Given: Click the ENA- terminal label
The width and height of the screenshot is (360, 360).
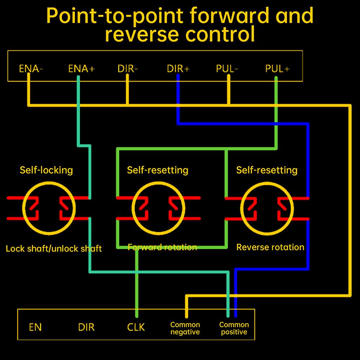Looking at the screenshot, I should click(x=31, y=69).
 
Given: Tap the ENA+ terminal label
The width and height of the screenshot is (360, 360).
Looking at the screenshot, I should click(x=81, y=69).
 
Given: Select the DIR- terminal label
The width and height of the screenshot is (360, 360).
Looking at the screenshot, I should click(x=127, y=69).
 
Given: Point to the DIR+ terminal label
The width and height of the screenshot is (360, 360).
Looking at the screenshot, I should click(x=178, y=69).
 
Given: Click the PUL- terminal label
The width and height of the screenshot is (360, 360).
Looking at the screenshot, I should click(x=227, y=69).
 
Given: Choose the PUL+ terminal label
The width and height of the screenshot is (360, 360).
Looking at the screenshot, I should click(x=277, y=69).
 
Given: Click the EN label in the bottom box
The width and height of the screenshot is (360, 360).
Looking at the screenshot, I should click(x=35, y=327).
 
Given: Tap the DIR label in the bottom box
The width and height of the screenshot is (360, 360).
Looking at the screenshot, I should click(x=86, y=327).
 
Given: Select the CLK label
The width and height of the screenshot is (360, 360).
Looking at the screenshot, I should click(x=136, y=327).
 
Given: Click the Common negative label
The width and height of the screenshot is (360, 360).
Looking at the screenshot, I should click(x=185, y=328).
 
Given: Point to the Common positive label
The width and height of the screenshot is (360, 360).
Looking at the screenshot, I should click(x=234, y=328).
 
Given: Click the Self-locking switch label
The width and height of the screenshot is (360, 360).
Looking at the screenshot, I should click(x=46, y=170).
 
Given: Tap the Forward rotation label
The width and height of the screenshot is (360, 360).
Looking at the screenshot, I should click(x=162, y=247).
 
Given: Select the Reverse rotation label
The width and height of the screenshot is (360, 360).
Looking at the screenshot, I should click(x=270, y=247).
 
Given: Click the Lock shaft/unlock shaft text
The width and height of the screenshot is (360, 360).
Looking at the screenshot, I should click(x=54, y=248).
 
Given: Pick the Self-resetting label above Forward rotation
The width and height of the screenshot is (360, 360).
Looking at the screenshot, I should click(x=157, y=170).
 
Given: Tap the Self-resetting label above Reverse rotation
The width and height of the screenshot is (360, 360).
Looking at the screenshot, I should click(x=267, y=170).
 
